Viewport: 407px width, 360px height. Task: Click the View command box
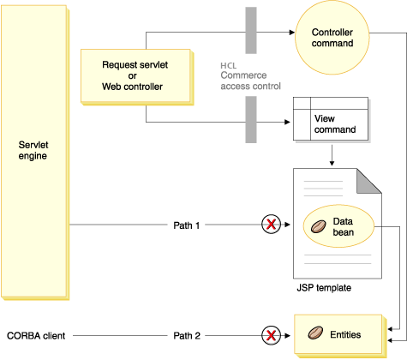click(x=332, y=119)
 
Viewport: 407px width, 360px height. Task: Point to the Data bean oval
click(x=337, y=225)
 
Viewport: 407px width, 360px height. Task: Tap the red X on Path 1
click(x=272, y=225)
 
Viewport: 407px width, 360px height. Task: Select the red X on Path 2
click(x=272, y=334)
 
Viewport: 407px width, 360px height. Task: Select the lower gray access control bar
click(x=251, y=120)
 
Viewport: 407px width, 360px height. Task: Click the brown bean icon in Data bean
click(x=317, y=226)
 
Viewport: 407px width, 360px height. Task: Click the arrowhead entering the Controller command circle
click(x=292, y=32)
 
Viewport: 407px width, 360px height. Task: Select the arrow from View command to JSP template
click(x=332, y=155)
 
